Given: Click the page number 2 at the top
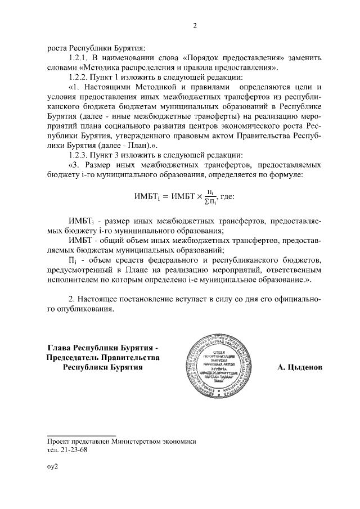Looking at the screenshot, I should pos(194,25).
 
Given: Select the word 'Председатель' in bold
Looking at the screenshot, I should pos(73,358).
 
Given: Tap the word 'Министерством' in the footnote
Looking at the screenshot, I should pos(135,442).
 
